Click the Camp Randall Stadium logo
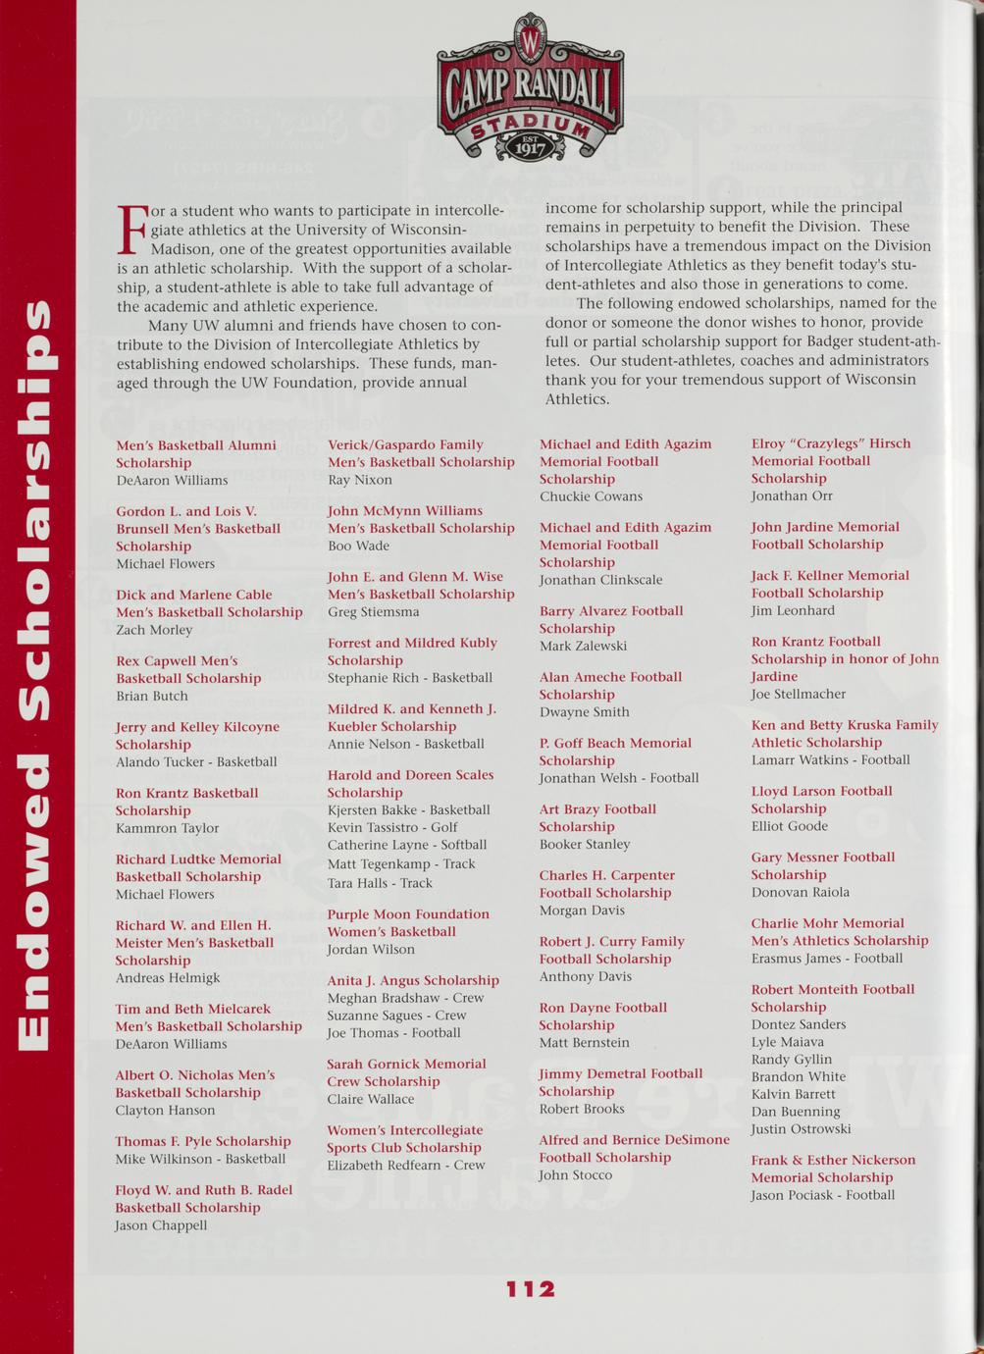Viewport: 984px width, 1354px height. pos(530,89)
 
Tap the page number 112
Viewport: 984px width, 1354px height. pos(531,1289)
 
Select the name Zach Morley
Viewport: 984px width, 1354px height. pos(154,630)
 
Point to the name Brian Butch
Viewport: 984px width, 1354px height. pos(152,696)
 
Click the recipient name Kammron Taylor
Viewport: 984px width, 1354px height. pos(167,828)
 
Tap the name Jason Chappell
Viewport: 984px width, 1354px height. pos(161,1225)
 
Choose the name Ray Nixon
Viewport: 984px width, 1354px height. pos(360,480)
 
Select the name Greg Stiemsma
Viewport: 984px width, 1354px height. pos(373,612)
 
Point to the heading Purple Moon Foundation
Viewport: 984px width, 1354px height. pos(408,914)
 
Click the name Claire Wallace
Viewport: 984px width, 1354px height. pos(371,1099)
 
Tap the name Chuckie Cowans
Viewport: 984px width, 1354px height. pos(591,496)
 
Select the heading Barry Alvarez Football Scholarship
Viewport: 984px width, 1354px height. pos(610,619)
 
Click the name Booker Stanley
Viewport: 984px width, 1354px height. pos(585,844)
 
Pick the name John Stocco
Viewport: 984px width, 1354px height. pos(576,1174)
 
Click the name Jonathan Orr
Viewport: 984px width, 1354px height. pos(792,495)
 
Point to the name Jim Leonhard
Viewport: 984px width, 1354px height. pos(793,610)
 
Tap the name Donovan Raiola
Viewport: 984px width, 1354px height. pos(801,892)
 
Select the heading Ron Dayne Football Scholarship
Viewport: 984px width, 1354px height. pos(602,1015)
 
